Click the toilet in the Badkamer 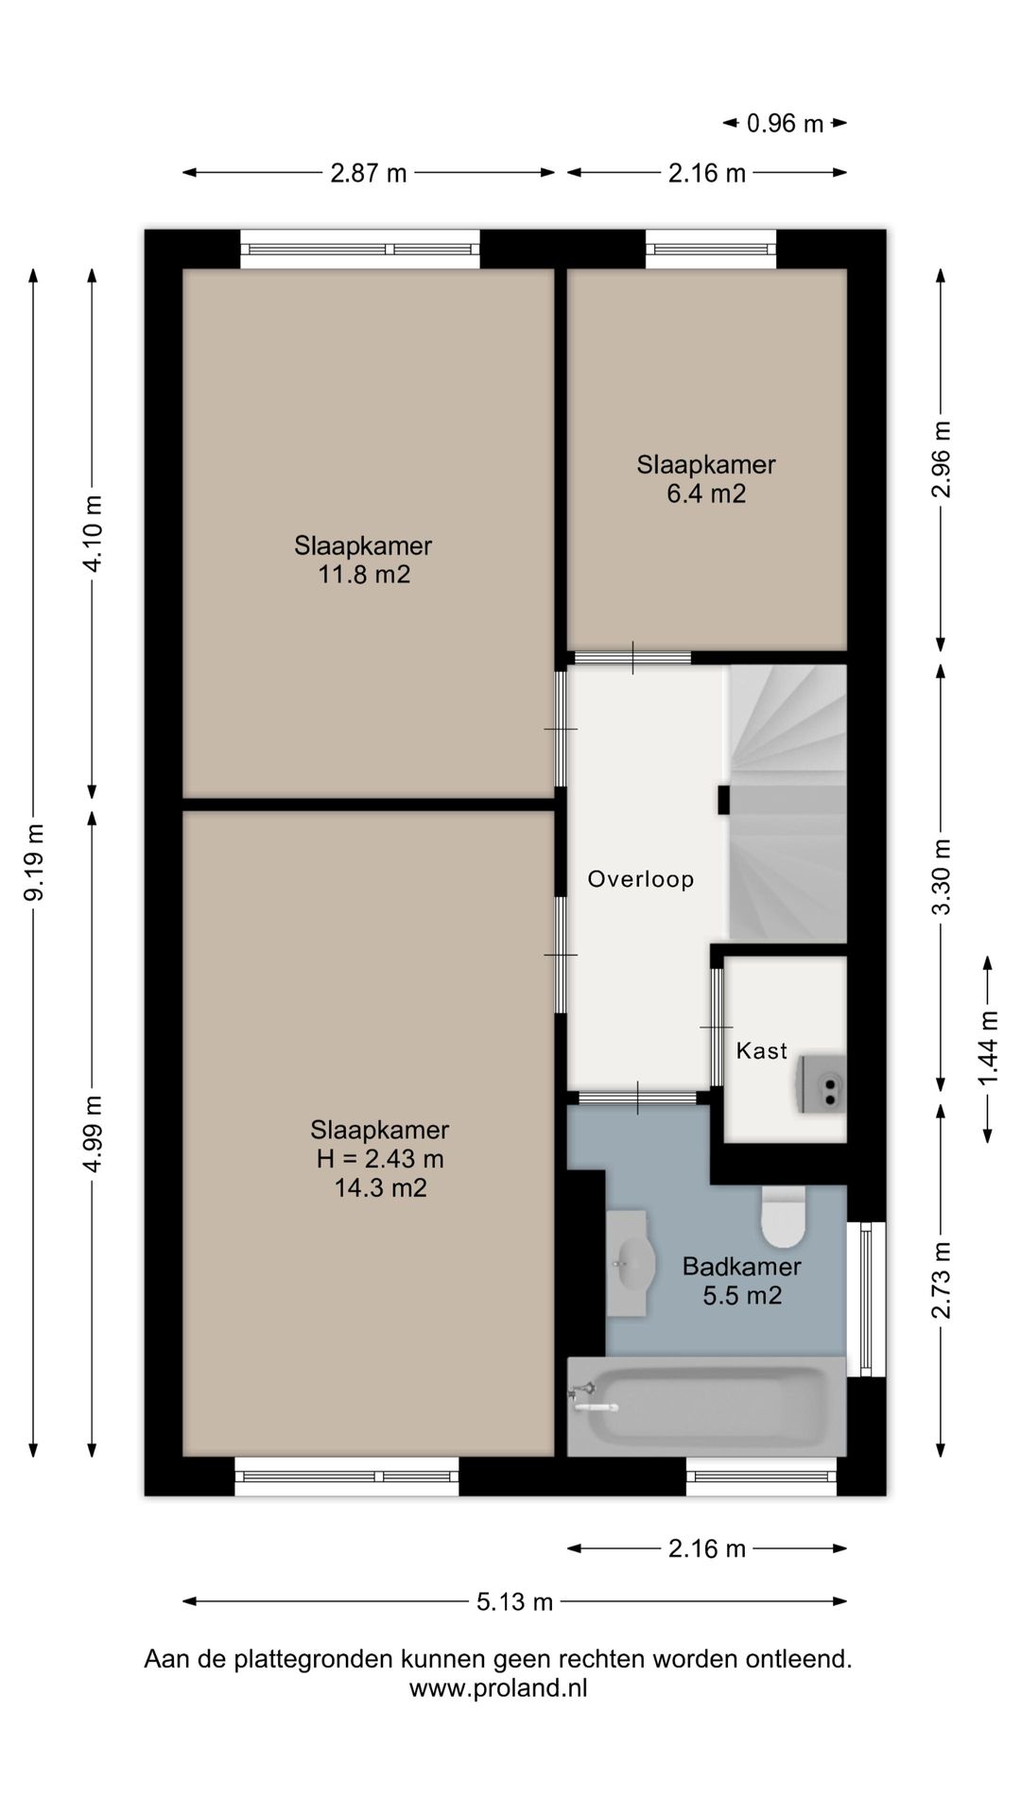tap(783, 1217)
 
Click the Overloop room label tap(641, 879)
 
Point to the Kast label tap(762, 1050)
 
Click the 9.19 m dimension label tap(34, 862)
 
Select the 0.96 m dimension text tap(785, 123)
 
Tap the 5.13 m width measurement tap(514, 1601)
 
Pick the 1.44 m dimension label tap(988, 1049)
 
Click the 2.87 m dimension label tap(369, 173)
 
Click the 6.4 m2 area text tap(706, 493)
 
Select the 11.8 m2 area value tap(364, 575)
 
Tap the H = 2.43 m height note tap(380, 1159)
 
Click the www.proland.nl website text tap(498, 1688)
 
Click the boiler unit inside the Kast tap(822, 1084)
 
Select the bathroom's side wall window tap(866, 1299)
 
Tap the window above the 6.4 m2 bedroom tap(711, 250)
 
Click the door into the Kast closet tap(717, 1028)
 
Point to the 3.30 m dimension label tap(941, 876)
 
